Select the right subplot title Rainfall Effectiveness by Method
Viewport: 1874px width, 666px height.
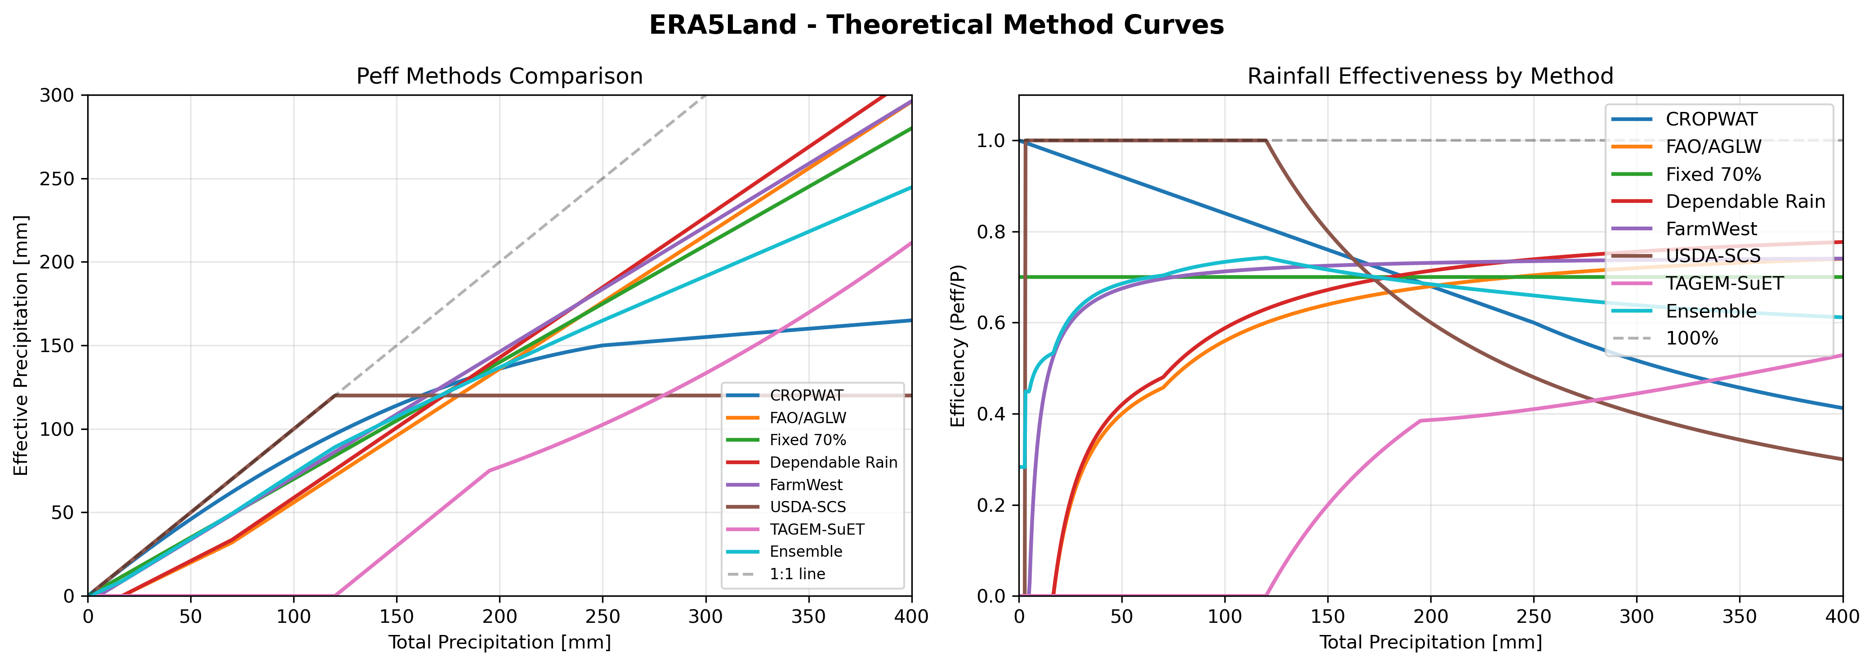coord(1430,76)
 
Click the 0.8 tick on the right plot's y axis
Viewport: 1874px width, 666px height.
coord(991,232)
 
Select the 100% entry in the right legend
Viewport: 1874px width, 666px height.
coord(1692,339)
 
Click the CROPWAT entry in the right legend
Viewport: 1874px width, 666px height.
coord(1711,119)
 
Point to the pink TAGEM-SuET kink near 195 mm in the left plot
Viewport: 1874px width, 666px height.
coord(489,471)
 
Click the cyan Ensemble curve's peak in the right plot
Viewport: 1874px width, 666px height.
coord(1266,258)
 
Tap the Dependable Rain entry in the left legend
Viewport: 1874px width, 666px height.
coord(833,463)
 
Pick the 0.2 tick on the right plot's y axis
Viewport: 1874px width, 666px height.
coord(991,505)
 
